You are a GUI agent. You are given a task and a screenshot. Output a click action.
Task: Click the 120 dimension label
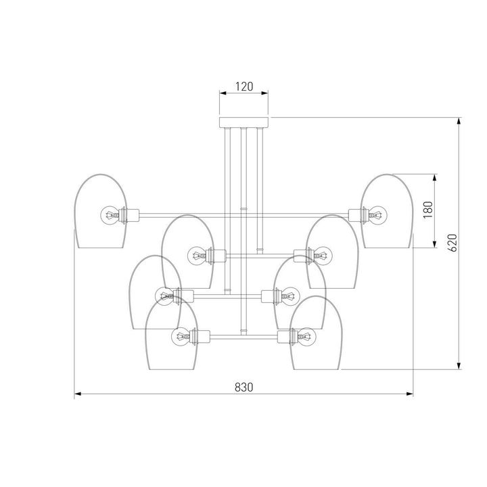tap(244, 87)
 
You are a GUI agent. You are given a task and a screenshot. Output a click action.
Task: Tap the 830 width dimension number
tap(243, 388)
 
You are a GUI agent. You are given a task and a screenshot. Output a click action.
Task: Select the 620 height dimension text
tap(453, 243)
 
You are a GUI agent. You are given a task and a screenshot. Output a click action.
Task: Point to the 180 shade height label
tap(428, 210)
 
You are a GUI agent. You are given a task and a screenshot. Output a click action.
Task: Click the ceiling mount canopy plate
tap(243, 122)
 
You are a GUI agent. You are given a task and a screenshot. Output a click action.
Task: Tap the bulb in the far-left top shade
tap(110, 215)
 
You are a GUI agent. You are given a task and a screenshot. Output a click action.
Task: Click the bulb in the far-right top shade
tap(377, 215)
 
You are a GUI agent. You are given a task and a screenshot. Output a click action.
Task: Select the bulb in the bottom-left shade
tap(181, 336)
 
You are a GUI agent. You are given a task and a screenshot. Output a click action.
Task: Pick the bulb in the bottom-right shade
tap(306, 336)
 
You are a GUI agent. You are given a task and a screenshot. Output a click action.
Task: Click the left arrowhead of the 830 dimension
tap(78, 394)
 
